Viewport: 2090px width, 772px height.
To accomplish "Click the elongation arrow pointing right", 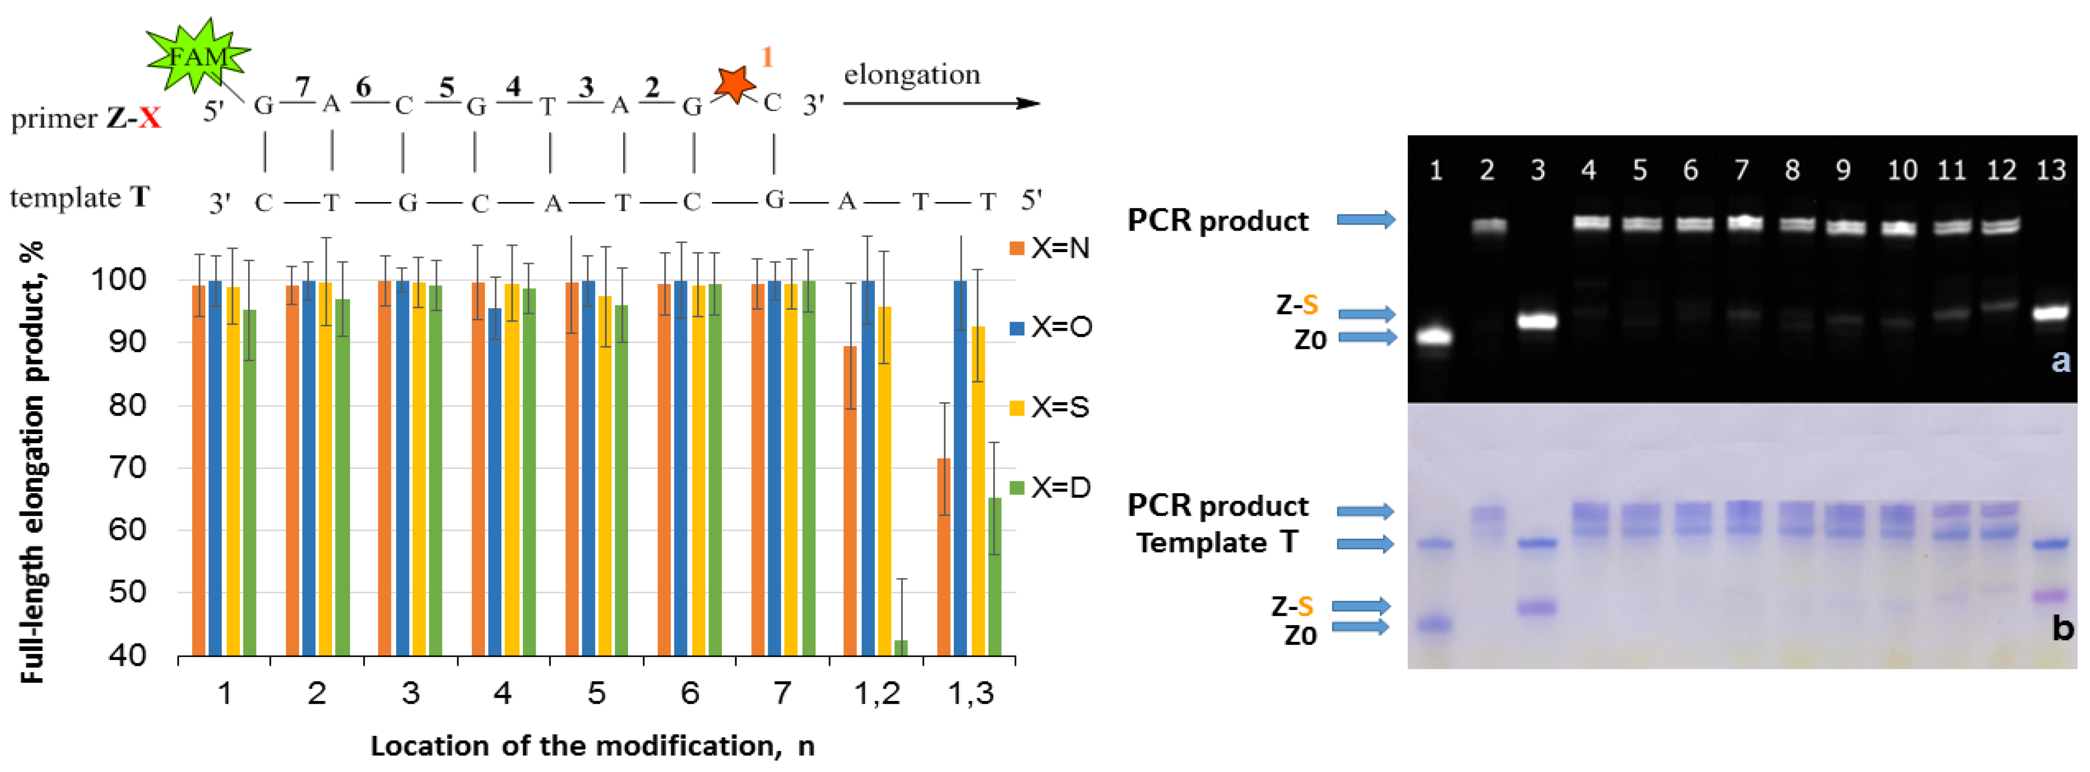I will coord(941,103).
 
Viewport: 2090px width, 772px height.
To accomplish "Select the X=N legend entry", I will coord(1050,248).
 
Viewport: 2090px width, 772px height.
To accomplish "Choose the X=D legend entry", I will coord(1050,487).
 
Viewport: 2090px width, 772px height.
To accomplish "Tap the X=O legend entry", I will coord(1050,327).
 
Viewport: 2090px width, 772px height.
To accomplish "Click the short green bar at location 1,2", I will coord(900,647).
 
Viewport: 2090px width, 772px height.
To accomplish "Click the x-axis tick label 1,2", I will coord(877,693).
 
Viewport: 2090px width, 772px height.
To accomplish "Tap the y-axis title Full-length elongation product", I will coord(32,463).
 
